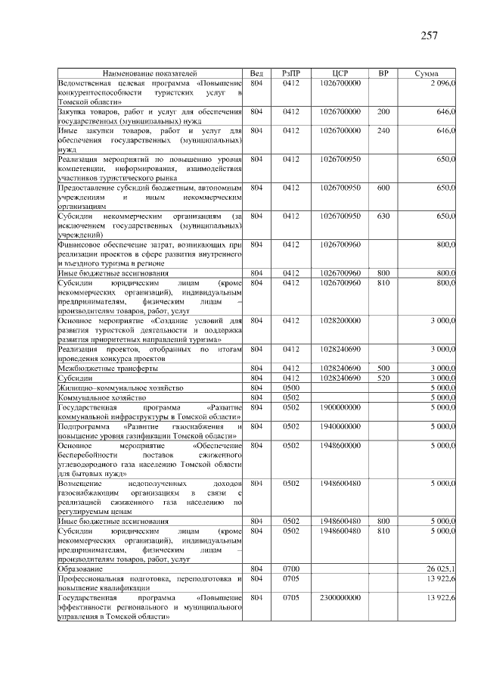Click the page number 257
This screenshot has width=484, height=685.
coord(428,36)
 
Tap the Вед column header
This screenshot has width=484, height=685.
coord(256,73)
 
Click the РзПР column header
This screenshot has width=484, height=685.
coord(291,73)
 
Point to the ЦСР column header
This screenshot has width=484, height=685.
coord(340,73)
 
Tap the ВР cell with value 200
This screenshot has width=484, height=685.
coord(383,111)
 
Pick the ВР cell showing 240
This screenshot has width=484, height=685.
coord(383,131)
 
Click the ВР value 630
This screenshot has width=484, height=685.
coord(383,216)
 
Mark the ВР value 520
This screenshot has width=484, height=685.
coord(383,377)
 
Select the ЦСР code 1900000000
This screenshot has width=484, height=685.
coord(340,406)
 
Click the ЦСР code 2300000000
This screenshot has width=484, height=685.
coord(340,598)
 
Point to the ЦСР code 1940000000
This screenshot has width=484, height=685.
coord(340,426)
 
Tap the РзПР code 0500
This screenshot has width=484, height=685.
coord(291,387)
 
